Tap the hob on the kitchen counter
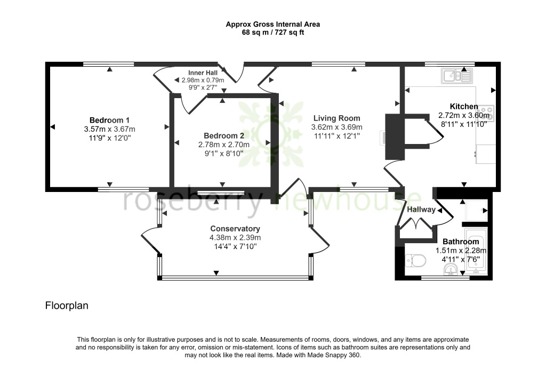(x=487, y=113)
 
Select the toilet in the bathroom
(x=415, y=261)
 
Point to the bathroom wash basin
(x=451, y=270)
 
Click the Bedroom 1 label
(x=109, y=120)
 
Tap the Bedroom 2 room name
(x=222, y=135)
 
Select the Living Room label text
(x=336, y=118)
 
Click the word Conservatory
(x=235, y=229)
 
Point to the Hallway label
(x=421, y=210)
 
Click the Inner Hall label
(x=203, y=73)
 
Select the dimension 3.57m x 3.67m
(x=109, y=129)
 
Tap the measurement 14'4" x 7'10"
(x=235, y=247)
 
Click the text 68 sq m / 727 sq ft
(x=272, y=33)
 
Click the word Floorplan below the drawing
(x=66, y=306)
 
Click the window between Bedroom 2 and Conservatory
(x=221, y=192)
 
